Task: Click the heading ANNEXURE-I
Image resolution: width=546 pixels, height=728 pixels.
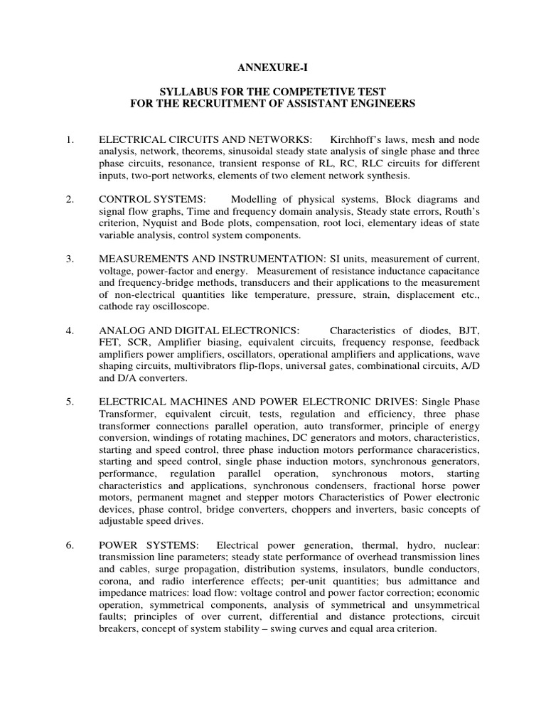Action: pos(272,68)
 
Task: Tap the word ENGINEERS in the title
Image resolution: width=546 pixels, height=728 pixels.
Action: pos(376,104)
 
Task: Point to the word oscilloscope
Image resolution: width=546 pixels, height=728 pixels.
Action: pos(184,306)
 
